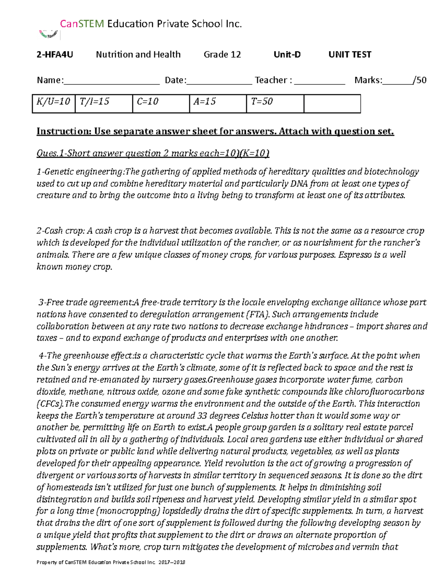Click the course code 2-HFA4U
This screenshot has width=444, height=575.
54,55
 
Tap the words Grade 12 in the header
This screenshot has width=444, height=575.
222,55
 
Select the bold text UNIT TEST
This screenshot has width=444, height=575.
350,55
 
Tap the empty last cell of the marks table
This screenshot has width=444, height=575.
332,103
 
